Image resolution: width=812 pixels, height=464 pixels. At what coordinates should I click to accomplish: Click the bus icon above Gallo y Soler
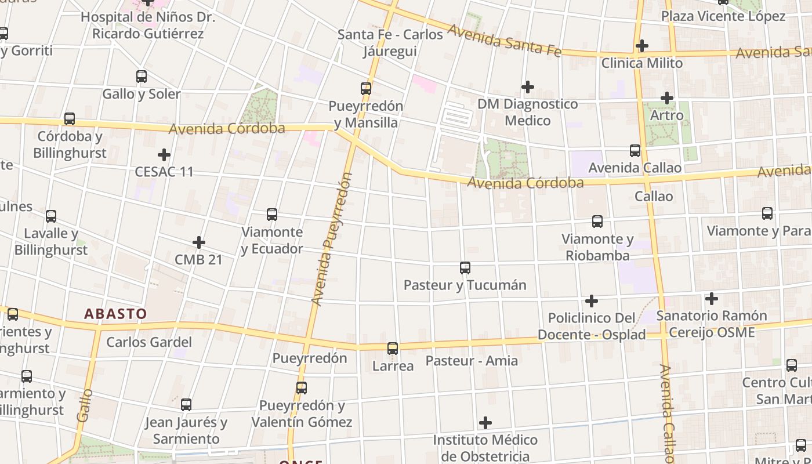141,76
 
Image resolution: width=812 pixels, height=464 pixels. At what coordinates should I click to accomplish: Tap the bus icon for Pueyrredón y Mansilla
365,88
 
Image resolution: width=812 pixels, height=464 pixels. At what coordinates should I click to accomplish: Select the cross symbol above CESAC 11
164,155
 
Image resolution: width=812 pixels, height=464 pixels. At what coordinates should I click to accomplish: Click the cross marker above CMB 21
198,242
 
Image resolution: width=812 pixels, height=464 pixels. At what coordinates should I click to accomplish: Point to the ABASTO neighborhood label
115,314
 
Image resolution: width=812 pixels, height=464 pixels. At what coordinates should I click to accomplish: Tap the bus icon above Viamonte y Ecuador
271,215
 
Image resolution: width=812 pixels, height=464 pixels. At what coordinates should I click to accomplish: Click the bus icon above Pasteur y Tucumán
465,267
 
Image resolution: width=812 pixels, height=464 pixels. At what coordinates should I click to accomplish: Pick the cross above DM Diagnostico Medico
527,87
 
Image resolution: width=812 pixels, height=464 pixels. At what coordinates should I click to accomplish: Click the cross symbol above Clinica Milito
641,45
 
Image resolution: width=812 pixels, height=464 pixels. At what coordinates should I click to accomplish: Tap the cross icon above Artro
666,98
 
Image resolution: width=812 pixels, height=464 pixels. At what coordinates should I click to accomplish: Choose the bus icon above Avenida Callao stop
635,151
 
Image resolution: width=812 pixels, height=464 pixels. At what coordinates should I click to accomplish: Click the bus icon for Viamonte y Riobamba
597,221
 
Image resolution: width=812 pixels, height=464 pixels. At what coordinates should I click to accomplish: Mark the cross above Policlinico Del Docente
591,301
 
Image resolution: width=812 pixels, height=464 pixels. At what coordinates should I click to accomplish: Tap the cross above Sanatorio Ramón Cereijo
711,299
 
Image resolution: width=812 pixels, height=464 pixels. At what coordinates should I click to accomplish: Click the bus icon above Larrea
393,349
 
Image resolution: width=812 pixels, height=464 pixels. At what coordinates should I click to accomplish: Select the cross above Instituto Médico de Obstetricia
485,422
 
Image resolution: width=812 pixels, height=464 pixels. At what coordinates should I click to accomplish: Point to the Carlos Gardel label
148,342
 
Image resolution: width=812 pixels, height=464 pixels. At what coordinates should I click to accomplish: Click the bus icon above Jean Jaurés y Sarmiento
186,405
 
